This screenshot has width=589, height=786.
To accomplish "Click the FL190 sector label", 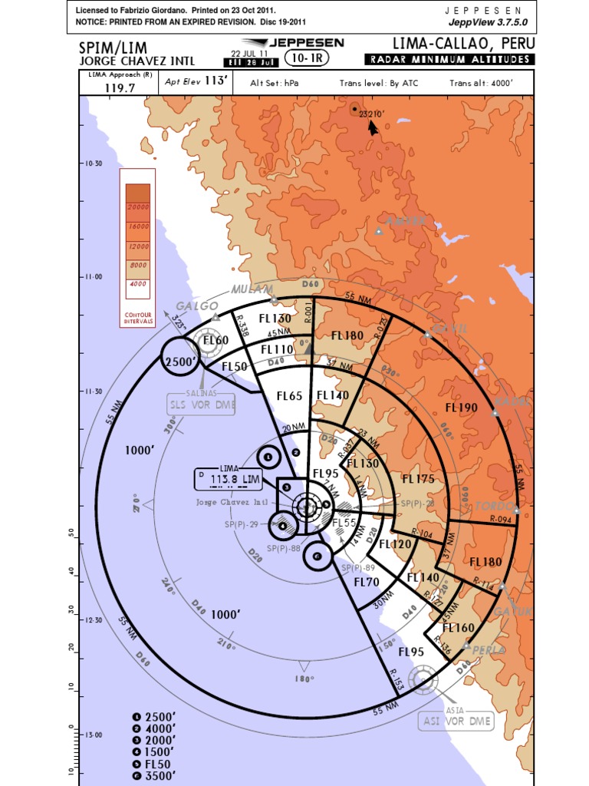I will coord(461,407).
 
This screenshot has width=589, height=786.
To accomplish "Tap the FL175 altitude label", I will coord(419,479).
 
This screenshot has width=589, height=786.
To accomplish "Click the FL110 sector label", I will coord(277,349).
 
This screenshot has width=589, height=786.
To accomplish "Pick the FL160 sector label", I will coord(459,628).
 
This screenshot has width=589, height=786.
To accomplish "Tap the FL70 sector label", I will coord(367,582).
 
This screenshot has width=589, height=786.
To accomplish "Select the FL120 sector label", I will coord(395,543).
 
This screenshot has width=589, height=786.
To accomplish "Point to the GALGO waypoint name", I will coord(192,305).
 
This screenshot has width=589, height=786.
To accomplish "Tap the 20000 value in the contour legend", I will coord(138,207).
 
